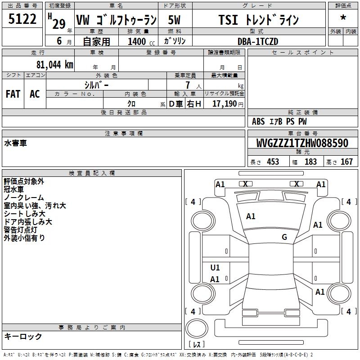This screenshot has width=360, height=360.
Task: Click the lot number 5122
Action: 22,19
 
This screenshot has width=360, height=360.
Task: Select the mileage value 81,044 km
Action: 55,65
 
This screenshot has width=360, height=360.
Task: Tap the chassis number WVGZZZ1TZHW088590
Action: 302,143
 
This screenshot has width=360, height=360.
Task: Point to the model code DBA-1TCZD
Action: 258,41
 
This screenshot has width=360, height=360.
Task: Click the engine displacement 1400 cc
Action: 141,41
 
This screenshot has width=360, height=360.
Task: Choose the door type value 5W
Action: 174,20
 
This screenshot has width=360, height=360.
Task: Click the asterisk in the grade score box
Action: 343,18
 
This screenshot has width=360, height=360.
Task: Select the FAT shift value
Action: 13,94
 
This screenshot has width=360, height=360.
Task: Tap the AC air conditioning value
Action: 35,94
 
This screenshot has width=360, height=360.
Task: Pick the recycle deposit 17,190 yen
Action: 228,104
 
